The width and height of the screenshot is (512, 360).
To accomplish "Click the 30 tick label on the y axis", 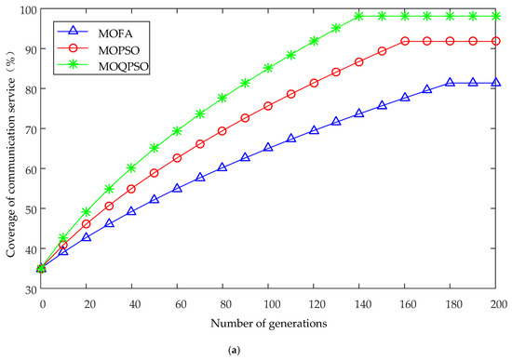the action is coord(32,289).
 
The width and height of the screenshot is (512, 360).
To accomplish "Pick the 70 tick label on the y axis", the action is coord(32,128).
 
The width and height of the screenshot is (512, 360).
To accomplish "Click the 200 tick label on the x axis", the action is coord(498,304).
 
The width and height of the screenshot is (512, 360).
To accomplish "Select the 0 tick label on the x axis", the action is coord(43,304).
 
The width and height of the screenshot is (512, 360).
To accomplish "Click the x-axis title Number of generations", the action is coord(269,324).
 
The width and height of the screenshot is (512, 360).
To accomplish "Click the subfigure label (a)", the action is coord(235,350).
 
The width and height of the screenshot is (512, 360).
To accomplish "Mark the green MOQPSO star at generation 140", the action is coord(359,16).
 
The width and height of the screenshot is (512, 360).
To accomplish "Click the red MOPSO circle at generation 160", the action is coord(405,41).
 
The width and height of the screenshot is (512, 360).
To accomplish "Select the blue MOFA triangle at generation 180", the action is coord(450,82).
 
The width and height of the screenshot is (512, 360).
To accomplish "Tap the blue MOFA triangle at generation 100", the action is coord(268,147).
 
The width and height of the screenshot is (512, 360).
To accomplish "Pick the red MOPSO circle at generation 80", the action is coord(222,131).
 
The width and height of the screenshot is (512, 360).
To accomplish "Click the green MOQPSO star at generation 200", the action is coord(496,16).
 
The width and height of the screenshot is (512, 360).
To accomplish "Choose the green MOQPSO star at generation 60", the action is coord(177,131).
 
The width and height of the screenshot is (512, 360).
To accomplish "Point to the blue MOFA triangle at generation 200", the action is coord(496,82).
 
